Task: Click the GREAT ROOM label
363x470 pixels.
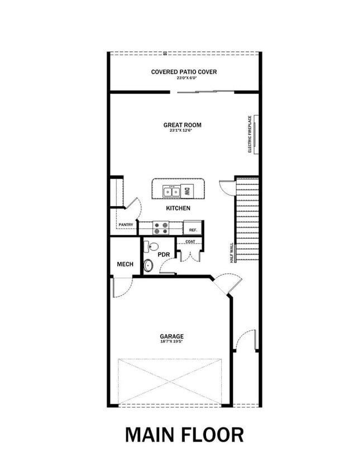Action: (x=182, y=125)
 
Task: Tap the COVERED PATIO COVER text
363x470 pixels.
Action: (x=184, y=72)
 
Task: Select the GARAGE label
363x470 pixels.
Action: (x=172, y=336)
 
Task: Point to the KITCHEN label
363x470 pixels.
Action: (x=178, y=208)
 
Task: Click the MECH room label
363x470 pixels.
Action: (x=125, y=264)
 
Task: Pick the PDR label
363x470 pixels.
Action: (x=163, y=254)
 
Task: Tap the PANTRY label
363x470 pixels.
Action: (x=126, y=225)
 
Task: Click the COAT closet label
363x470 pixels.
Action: (x=190, y=242)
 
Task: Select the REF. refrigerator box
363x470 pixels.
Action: (x=193, y=229)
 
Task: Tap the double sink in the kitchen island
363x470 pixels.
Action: (x=171, y=192)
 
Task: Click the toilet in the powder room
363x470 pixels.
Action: (x=149, y=265)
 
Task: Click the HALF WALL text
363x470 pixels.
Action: (x=231, y=253)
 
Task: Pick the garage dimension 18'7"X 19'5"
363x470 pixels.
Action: (x=172, y=342)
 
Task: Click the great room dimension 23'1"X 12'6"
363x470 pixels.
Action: (x=182, y=131)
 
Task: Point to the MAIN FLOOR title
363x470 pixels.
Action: (x=184, y=434)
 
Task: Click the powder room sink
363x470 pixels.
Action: (x=152, y=246)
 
